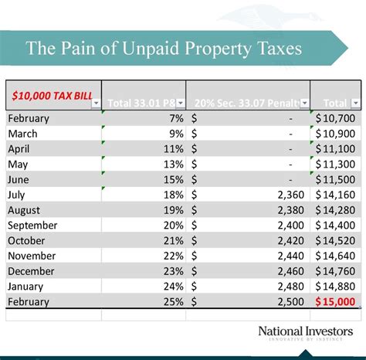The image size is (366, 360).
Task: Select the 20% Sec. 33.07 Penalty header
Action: point(243,103)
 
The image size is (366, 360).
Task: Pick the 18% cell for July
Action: point(174,195)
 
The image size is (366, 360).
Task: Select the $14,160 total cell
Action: point(336,195)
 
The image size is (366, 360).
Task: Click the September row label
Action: point(32,226)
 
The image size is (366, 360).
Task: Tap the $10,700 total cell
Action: point(336,118)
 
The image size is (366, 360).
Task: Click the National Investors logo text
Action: point(305,332)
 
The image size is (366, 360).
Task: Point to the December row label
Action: point(31,271)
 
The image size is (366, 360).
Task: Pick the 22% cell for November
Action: point(174,256)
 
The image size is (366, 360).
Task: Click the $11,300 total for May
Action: point(336,164)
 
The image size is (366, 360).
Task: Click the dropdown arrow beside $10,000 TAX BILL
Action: point(95,103)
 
